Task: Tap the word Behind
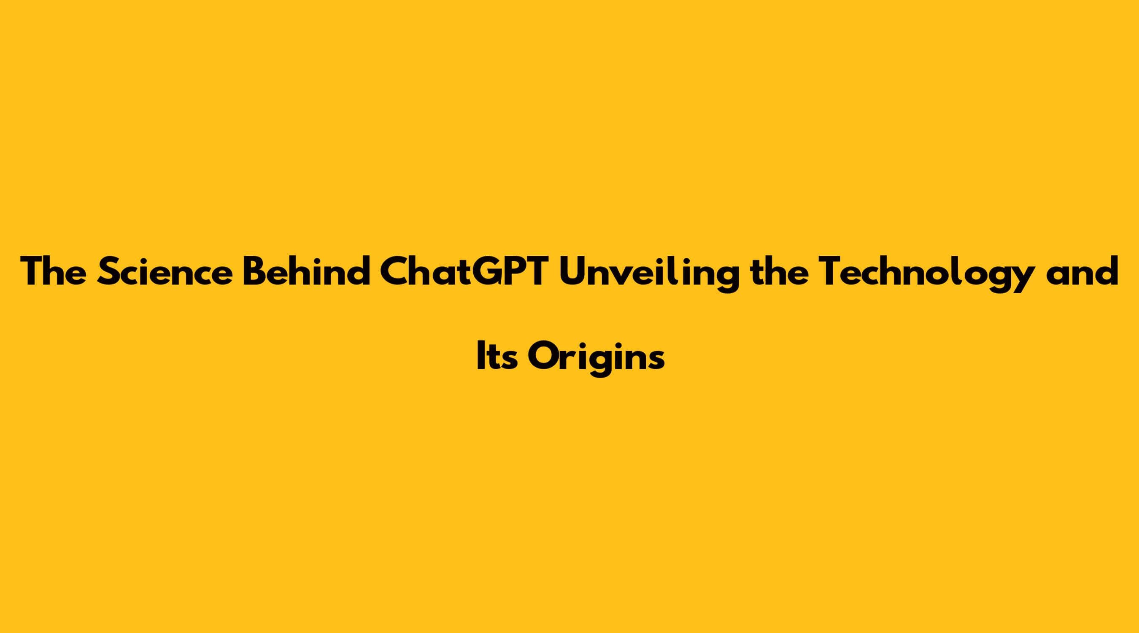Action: tap(306, 271)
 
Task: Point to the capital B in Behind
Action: tap(255, 271)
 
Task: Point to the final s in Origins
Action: tap(656, 360)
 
